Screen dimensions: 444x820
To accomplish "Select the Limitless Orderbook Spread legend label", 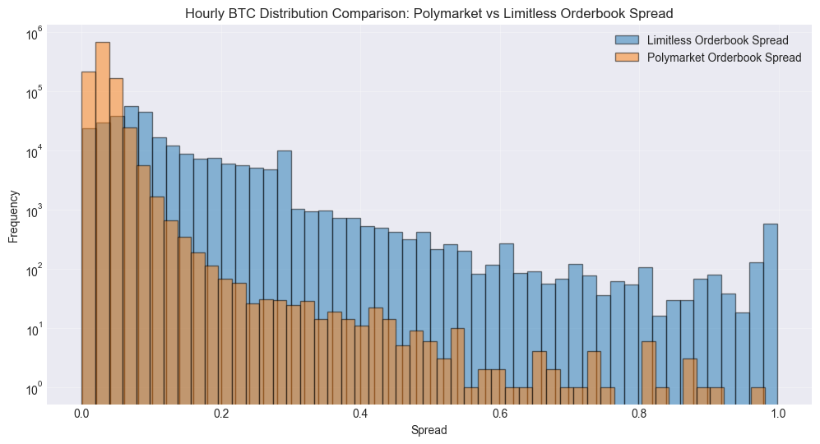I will tap(718, 40).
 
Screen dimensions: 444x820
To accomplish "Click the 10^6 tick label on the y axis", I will tap(34, 35).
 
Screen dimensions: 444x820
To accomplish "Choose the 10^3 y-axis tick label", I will tap(34, 211).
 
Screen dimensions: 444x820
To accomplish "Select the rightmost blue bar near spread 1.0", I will tap(771, 312).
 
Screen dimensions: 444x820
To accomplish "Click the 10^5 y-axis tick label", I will tap(34, 93).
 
